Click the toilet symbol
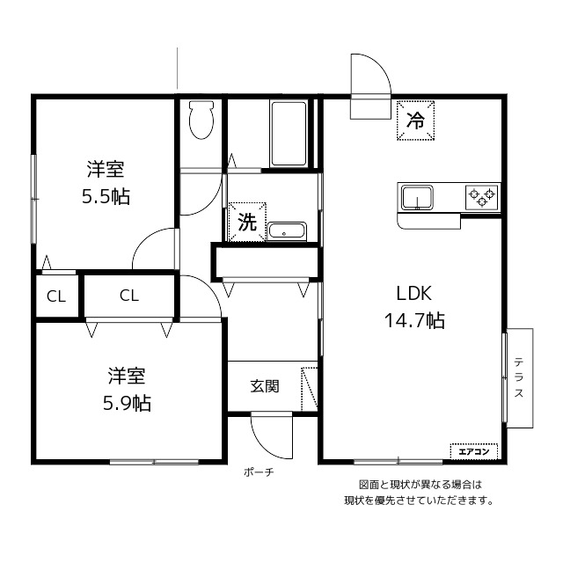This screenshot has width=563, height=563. click(201, 120)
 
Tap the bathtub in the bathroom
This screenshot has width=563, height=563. click(289, 134)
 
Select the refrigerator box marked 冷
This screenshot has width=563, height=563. click(415, 121)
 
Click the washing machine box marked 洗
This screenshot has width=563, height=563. click(247, 223)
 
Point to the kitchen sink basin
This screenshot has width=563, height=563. click(417, 197)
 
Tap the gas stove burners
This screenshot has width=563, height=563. click(482, 197)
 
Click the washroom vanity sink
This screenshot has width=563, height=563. click(287, 230)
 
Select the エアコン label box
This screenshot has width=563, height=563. click(474, 451)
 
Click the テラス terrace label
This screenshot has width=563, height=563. click(519, 377)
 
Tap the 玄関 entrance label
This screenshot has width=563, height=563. click(265, 386)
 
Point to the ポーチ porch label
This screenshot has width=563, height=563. click(259, 472)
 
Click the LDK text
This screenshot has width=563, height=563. click(414, 293)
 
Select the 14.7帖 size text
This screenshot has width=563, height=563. click(414, 320)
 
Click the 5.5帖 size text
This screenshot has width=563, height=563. click(106, 196)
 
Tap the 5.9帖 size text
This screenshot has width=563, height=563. click(127, 403)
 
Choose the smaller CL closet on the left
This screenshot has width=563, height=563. click(56, 297)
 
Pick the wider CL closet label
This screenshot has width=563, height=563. click(129, 296)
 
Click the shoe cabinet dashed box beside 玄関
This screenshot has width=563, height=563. click(310, 389)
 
